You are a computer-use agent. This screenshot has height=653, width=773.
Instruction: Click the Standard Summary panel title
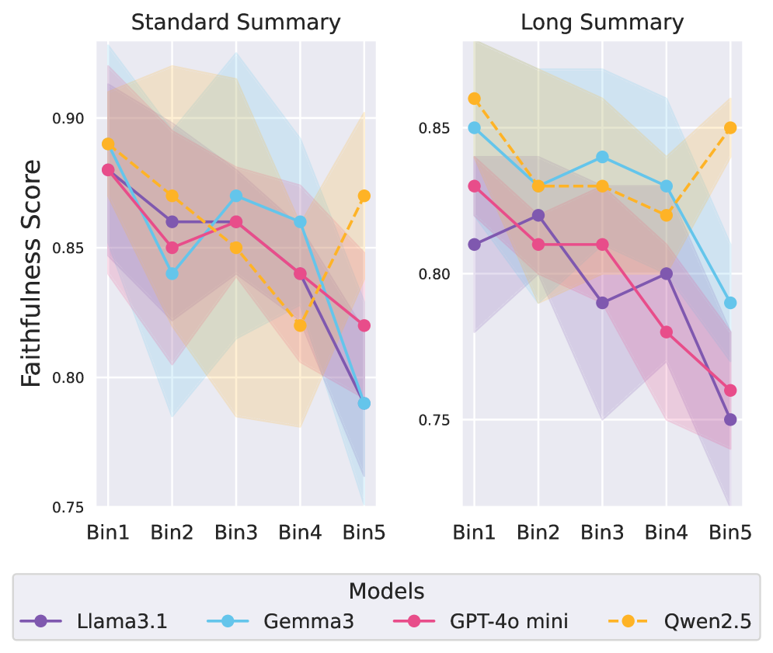235,23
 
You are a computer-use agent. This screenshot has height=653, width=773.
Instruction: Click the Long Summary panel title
602,23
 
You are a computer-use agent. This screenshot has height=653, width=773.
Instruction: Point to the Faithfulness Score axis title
31,273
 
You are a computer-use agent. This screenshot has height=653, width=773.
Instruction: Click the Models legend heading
386,592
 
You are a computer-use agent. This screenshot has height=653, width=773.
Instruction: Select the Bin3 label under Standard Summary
235,533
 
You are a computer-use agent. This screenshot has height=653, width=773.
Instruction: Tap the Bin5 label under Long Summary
729,533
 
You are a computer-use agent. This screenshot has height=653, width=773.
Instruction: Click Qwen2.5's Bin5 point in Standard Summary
364,196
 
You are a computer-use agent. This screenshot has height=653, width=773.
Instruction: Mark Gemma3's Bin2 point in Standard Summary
172,273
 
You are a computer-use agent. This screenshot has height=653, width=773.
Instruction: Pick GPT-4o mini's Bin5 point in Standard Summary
364,325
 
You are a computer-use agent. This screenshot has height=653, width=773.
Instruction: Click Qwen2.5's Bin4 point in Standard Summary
300,325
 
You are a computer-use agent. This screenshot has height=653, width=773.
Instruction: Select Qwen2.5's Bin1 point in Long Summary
474,99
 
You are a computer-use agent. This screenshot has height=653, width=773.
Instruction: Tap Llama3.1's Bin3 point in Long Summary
602,303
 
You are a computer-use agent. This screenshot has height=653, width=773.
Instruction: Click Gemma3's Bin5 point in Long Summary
729,303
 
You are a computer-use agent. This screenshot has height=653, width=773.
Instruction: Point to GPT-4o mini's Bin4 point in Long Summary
666,332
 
